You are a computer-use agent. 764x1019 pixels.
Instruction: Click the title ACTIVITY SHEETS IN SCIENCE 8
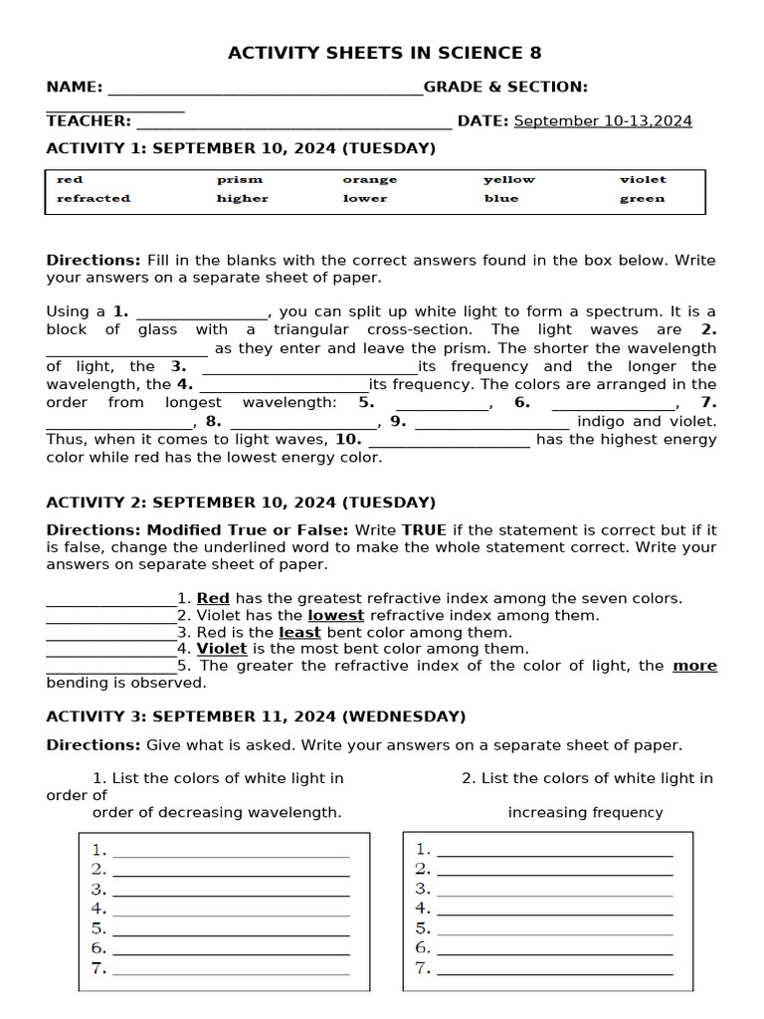click(x=385, y=54)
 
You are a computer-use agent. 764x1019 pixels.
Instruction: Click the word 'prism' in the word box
click(x=240, y=180)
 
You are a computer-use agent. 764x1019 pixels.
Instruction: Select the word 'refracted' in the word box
click(x=94, y=199)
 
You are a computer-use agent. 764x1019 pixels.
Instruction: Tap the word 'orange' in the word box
click(x=369, y=180)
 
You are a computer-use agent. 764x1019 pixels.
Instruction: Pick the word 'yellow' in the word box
click(x=508, y=180)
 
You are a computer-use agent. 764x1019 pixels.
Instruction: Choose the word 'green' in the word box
click(x=642, y=199)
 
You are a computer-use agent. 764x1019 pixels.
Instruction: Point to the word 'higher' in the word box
click(x=243, y=199)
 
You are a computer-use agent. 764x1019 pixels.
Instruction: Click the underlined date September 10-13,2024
click(x=603, y=121)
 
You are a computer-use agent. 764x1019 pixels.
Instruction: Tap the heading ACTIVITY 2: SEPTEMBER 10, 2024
click(x=241, y=503)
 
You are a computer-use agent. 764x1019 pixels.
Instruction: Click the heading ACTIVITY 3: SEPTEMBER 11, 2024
click(x=256, y=716)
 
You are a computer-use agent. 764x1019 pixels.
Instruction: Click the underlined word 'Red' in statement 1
click(x=213, y=598)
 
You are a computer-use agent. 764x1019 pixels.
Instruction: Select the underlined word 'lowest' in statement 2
click(x=335, y=615)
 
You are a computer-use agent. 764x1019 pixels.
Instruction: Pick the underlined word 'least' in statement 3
click(x=299, y=632)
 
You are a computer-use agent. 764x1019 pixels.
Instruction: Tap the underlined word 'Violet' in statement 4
click(x=222, y=649)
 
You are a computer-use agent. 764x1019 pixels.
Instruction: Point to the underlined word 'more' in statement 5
click(x=694, y=666)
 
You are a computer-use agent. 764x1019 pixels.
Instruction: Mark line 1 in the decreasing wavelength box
click(x=231, y=853)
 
